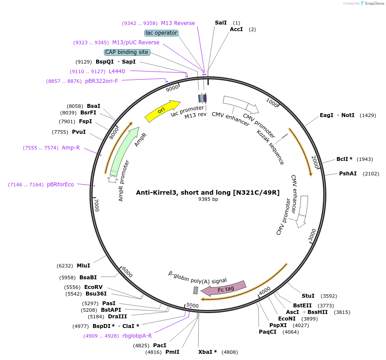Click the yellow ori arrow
tap(161, 111)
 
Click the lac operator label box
tap(161, 33)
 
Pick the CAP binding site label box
tap(127, 52)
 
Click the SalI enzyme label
tap(221, 22)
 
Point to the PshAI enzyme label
tap(348, 174)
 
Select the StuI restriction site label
tap(308, 296)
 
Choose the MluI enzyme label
tap(83, 266)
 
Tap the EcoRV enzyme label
tap(93, 287)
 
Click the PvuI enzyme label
tap(79, 132)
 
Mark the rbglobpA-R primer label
tap(137, 336)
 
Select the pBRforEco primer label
tap(61, 185)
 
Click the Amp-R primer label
tap(71, 148)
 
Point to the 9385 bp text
tap(208, 199)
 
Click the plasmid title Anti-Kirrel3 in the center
tap(208, 192)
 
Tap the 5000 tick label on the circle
tap(193, 305)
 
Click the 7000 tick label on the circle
tap(97, 205)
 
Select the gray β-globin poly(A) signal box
tap(196, 290)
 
